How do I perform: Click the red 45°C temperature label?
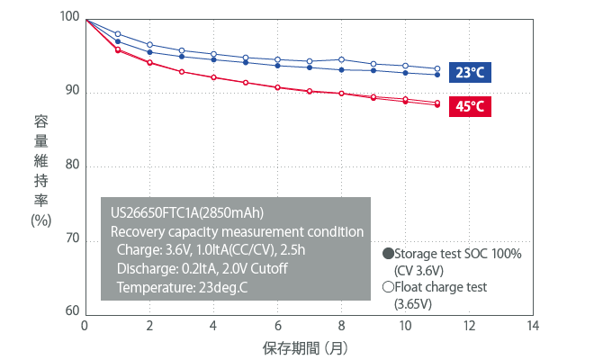pyautogui.click(x=471, y=107)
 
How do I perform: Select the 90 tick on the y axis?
pyautogui.click(x=71, y=92)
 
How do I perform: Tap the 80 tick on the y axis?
pyautogui.click(x=71, y=166)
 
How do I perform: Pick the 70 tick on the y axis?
pyautogui.click(x=71, y=240)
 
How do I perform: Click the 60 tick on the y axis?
pyautogui.click(x=71, y=312)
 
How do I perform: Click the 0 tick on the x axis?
pyautogui.click(x=85, y=325)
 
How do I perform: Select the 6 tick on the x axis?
pyautogui.click(x=277, y=325)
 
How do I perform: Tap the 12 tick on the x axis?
pyautogui.click(x=470, y=325)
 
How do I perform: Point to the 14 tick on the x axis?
pyautogui.click(x=534, y=325)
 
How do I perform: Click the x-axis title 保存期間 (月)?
pyautogui.click(x=305, y=346)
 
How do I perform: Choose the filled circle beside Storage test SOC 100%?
pyautogui.click(x=388, y=254)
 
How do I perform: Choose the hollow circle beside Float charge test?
pyautogui.click(x=388, y=288)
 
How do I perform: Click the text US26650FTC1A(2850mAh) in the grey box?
pyautogui.click(x=186, y=213)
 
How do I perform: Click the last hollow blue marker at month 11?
pyautogui.click(x=437, y=68)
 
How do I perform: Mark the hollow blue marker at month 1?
pyautogui.click(x=118, y=34)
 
